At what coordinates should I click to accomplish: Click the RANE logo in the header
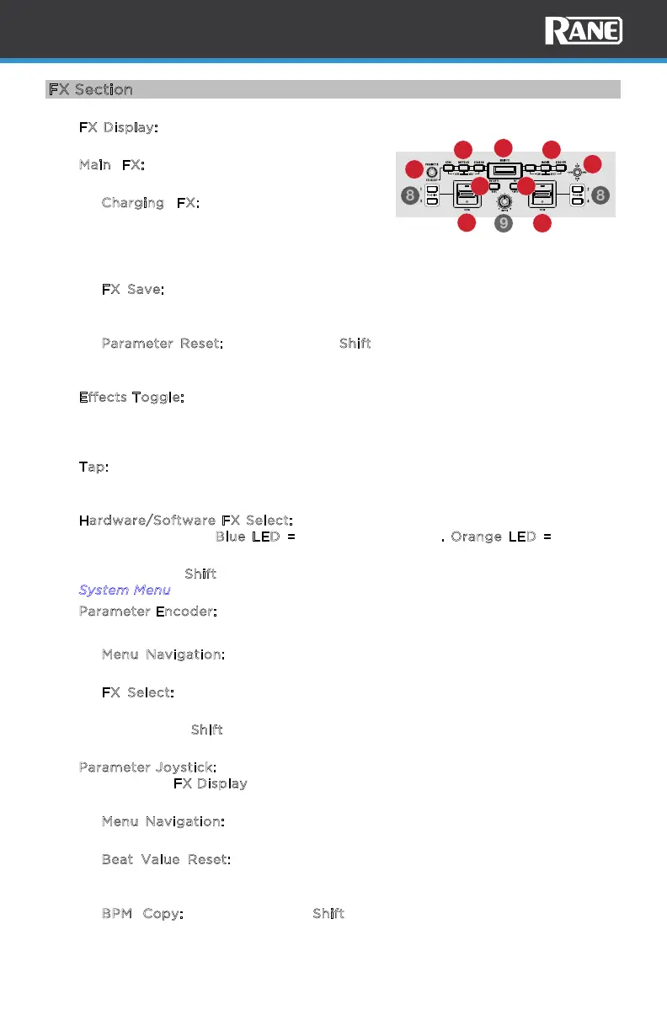pyautogui.click(x=584, y=32)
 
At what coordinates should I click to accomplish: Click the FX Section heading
pyautogui.click(x=91, y=89)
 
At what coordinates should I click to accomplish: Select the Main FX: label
pyautogui.click(x=111, y=165)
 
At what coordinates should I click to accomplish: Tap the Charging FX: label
pyautogui.click(x=151, y=203)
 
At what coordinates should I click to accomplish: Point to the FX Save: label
pyautogui.click(x=132, y=289)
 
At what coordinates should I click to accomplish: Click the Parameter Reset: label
pyautogui.click(x=163, y=344)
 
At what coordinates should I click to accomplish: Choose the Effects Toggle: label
pyautogui.click(x=131, y=396)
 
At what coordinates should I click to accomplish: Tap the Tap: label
pyautogui.click(x=93, y=466)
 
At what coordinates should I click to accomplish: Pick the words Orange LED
pyautogui.click(x=492, y=537)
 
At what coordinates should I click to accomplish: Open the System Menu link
pyautogui.click(x=125, y=590)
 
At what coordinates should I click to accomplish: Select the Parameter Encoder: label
pyautogui.click(x=148, y=611)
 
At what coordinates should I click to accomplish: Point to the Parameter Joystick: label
pyautogui.click(x=147, y=767)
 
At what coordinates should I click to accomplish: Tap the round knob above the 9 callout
pyautogui.click(x=504, y=202)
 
